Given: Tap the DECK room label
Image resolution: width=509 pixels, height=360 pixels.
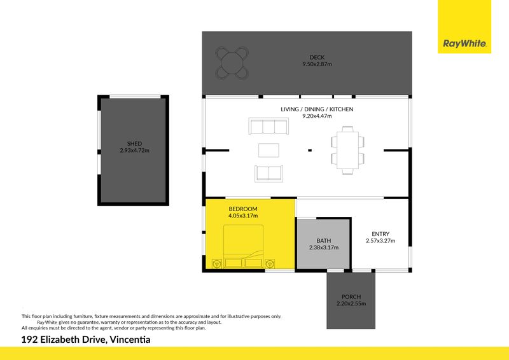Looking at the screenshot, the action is click(x=317, y=57).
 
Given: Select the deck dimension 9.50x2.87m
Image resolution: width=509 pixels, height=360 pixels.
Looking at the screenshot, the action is click(x=317, y=64).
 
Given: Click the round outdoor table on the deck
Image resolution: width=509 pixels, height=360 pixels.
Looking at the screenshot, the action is click(x=232, y=63).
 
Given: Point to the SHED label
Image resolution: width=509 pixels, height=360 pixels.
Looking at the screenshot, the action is click(x=134, y=144).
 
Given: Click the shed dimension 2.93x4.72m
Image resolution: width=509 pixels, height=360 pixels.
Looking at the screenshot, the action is click(x=134, y=150).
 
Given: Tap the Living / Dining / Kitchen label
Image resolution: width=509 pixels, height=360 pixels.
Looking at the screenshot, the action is click(x=317, y=109).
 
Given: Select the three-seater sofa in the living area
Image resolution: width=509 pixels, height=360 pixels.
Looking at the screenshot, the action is click(x=268, y=126).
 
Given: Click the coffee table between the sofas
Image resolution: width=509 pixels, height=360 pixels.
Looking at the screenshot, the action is click(x=268, y=150).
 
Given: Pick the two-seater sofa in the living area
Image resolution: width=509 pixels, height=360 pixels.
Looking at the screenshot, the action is click(x=268, y=174).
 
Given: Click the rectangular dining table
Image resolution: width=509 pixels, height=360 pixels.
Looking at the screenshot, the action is click(x=347, y=150).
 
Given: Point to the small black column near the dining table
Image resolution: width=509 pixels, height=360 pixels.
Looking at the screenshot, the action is click(x=310, y=150).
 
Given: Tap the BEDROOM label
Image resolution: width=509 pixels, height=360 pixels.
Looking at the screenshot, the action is click(x=243, y=209).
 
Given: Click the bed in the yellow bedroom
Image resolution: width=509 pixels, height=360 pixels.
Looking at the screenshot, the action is click(x=243, y=246).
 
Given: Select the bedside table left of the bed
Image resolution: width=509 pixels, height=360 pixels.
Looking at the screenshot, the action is click(x=216, y=263).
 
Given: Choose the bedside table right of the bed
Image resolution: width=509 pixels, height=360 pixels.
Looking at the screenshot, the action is click(x=270, y=263).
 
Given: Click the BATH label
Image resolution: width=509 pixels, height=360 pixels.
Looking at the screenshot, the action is click(x=324, y=240).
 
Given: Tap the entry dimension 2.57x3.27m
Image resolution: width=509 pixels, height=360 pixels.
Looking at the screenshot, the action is click(x=380, y=240).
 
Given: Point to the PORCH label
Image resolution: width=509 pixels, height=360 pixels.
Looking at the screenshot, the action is click(x=351, y=296).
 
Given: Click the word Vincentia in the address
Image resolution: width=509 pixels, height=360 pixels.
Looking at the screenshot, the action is click(x=130, y=340).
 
